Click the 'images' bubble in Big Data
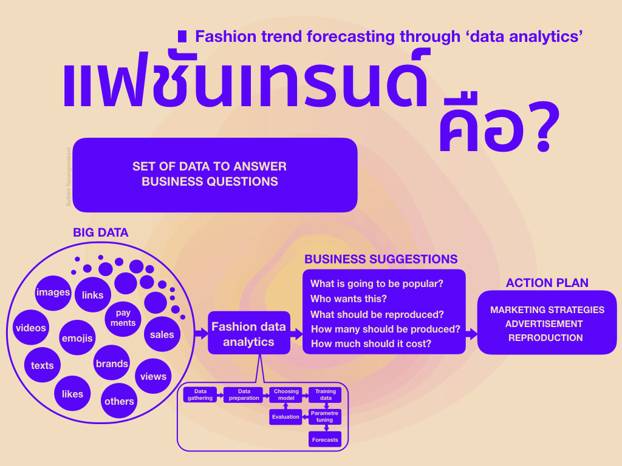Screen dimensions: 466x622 click(53, 292)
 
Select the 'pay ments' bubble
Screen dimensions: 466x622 click(123, 319)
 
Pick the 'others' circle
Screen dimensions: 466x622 click(119, 401)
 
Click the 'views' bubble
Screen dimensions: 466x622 click(153, 376)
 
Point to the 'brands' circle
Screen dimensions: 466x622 click(112, 363)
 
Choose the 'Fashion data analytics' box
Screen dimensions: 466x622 click(248, 334)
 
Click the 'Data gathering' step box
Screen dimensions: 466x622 click(200, 395)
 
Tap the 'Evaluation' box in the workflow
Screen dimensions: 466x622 click(285, 417)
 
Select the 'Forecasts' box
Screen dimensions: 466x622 click(325, 439)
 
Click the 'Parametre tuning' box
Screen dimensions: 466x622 click(325, 417)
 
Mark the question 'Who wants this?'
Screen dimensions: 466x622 click(348, 299)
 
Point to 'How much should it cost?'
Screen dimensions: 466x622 click(371, 343)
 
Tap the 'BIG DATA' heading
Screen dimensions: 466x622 click(101, 232)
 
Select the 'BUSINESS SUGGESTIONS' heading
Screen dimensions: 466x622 click(381, 259)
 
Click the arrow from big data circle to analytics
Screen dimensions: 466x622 click(201, 333)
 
